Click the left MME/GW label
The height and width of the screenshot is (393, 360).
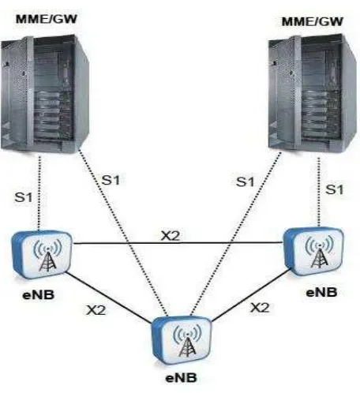click(47, 19)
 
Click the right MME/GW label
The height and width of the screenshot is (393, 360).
click(313, 21)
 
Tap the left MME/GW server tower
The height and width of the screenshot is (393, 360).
click(45, 94)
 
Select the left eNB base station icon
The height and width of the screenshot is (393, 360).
click(42, 255)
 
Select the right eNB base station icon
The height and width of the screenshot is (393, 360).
click(313, 252)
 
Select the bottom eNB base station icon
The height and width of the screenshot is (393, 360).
click(182, 339)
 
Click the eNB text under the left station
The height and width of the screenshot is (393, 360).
click(39, 294)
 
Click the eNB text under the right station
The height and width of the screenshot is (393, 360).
click(321, 292)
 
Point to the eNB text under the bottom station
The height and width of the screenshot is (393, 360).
click(181, 378)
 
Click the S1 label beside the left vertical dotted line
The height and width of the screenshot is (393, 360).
click(24, 197)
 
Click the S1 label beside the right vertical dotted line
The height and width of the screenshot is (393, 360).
click(335, 189)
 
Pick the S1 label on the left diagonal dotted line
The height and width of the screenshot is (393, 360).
click(111, 180)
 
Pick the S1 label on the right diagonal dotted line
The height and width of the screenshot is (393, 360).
click(246, 182)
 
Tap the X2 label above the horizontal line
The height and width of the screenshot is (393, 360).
click(171, 236)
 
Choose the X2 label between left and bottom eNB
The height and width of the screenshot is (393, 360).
click(96, 310)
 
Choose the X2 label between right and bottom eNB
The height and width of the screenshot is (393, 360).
click(260, 308)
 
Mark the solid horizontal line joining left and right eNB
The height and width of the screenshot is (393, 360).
click(178, 243)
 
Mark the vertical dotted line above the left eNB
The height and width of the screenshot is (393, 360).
click(39, 193)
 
